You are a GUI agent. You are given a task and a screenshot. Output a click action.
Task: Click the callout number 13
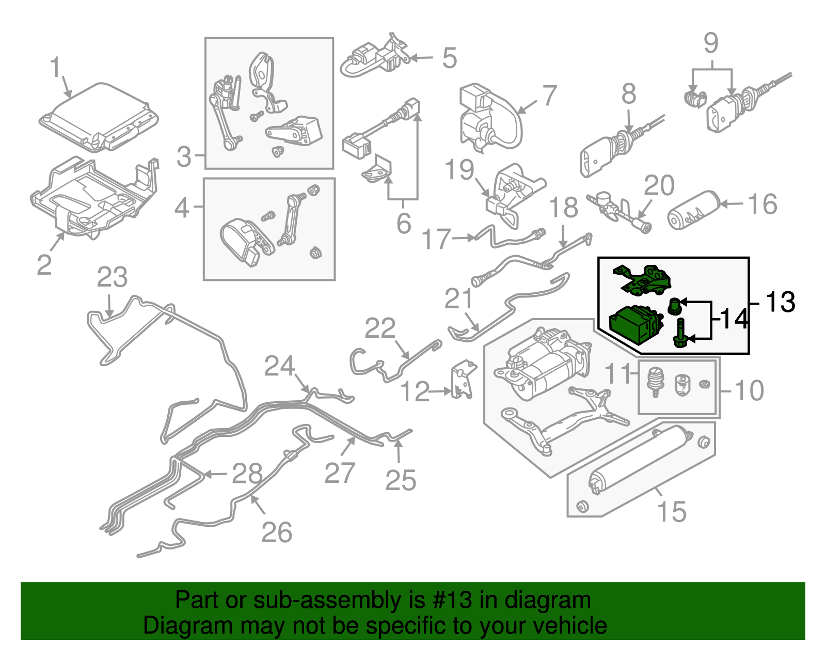click(x=781, y=302)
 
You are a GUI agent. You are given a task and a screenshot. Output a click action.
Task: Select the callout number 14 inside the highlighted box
click(x=734, y=319)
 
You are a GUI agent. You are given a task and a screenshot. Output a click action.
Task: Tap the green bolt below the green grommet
click(x=680, y=333)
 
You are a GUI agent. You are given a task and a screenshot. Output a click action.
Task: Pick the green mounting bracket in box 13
click(x=644, y=280)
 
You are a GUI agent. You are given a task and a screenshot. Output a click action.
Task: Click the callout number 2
click(x=44, y=265)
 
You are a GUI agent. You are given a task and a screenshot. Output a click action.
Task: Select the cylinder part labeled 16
click(x=693, y=211)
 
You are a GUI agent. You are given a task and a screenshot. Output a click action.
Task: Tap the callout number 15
click(x=672, y=512)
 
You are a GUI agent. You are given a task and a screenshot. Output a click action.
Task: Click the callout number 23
click(x=113, y=278)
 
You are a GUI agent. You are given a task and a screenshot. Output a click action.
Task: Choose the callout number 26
click(x=277, y=532)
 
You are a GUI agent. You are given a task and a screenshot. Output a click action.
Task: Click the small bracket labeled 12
click(x=462, y=382)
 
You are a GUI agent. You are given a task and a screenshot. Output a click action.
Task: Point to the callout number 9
click(x=711, y=43)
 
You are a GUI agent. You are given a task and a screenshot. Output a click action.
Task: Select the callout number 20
click(x=659, y=186)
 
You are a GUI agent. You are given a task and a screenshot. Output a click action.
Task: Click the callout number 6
click(x=404, y=223)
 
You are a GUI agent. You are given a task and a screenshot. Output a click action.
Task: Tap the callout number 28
click(x=247, y=474)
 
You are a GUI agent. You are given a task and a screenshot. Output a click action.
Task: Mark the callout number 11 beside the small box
click(x=617, y=374)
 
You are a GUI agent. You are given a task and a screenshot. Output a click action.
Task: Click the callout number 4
click(x=182, y=209)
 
